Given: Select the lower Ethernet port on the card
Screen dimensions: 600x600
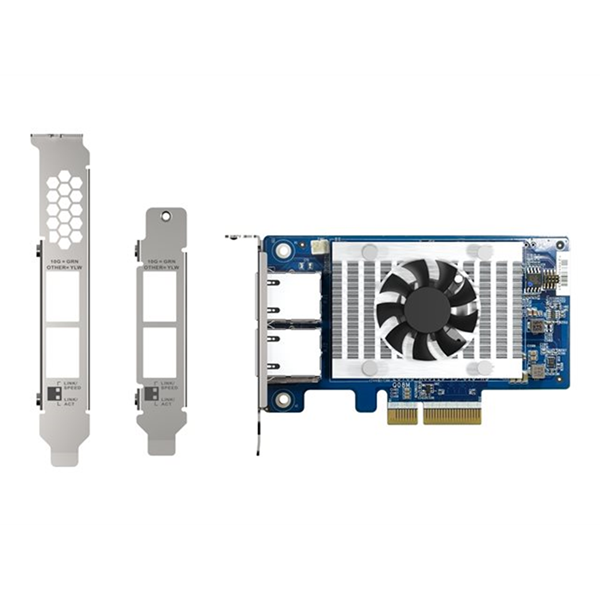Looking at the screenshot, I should [x=291, y=353].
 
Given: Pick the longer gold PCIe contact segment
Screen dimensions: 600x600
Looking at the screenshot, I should [x=451, y=413].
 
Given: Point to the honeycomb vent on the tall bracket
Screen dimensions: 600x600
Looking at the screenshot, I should [x=65, y=208].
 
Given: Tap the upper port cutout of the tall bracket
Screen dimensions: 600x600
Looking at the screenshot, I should [x=63, y=297].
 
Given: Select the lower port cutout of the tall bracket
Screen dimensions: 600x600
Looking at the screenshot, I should [x=63, y=351].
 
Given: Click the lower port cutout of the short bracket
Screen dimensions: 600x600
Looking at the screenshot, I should [x=160, y=351].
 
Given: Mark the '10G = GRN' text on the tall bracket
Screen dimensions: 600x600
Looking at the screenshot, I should [x=64, y=259].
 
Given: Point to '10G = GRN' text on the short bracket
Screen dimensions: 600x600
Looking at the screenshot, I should [x=160, y=259].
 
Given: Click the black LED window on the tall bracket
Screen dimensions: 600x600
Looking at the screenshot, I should [x=45, y=393].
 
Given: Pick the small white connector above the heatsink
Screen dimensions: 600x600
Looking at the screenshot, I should [x=319, y=246].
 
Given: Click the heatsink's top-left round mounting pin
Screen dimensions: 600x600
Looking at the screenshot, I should [x=369, y=252].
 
